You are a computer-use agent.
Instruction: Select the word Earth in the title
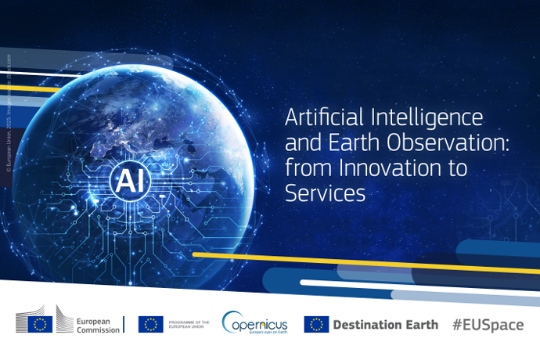343,144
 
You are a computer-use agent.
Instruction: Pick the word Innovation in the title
370,168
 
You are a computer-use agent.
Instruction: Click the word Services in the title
325,193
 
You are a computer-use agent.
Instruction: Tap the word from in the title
306,168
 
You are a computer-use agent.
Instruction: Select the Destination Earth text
386,325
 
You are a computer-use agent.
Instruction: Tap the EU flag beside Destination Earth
316,324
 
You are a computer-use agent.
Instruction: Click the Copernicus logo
254,323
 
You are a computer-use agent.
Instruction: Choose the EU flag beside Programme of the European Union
150,324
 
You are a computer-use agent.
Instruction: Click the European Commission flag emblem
40,323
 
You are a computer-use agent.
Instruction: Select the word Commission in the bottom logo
98,329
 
